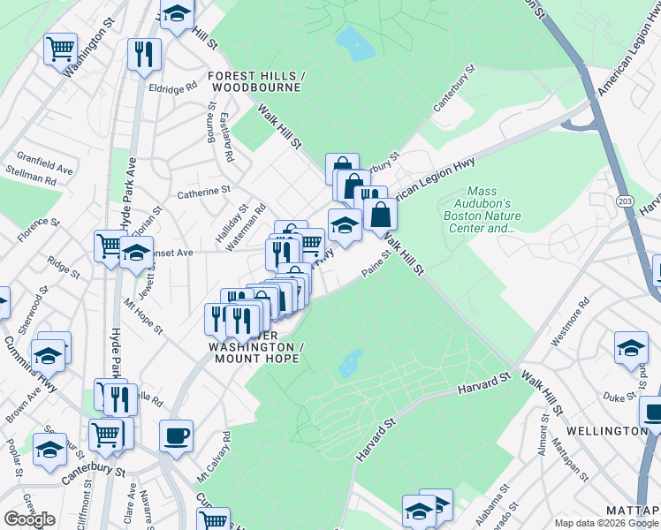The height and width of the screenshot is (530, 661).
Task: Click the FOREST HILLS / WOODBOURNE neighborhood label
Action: [256, 82]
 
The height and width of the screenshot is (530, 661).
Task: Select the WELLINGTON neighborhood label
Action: [615, 430]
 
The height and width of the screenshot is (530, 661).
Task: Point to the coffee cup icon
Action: [176, 435]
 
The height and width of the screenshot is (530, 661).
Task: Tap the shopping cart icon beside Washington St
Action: [60, 49]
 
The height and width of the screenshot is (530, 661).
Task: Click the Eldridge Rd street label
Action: [172, 88]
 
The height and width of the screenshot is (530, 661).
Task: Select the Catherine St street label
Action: [203, 190]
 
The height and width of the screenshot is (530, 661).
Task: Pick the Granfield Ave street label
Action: [42, 165]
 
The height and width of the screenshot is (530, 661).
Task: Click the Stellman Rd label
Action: [30, 180]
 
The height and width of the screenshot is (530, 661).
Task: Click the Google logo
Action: [29, 519]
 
